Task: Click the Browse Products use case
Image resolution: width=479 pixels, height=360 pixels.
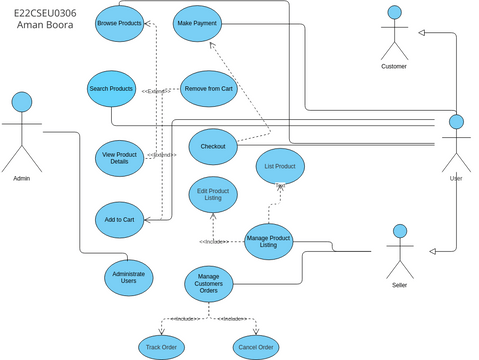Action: click(119, 23)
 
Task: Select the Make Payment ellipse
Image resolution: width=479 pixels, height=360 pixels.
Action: click(197, 23)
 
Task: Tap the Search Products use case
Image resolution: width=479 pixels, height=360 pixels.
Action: click(111, 89)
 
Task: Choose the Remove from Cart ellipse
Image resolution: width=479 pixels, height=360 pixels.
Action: click(207, 89)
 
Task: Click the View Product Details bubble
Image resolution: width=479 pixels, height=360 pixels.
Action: click(120, 157)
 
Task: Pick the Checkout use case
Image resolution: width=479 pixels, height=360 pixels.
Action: click(212, 146)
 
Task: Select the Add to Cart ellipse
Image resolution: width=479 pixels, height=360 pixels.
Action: click(120, 219)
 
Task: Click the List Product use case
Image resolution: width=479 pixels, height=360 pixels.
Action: click(280, 166)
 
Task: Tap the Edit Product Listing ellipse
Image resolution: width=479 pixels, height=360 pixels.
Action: click(213, 195)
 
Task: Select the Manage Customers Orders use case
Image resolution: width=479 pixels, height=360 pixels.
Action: click(209, 284)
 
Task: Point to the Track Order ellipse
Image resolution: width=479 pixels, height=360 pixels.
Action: click(161, 346)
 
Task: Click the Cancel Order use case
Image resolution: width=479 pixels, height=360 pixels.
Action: click(256, 346)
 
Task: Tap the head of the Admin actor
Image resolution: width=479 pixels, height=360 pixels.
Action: click(21, 101)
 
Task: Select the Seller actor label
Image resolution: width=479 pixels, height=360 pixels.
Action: click(400, 285)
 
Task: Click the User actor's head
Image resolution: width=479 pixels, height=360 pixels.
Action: click(456, 122)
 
